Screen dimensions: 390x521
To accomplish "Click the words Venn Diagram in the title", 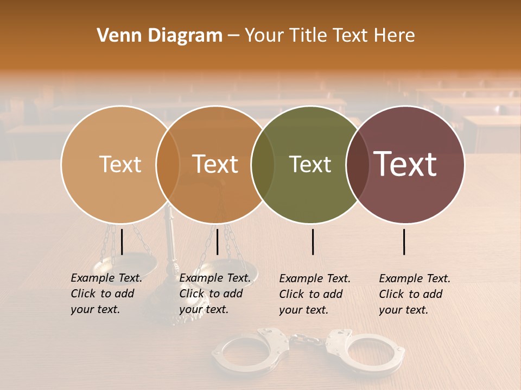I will click(x=160, y=36).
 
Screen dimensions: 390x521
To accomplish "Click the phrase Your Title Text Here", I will click(x=329, y=36).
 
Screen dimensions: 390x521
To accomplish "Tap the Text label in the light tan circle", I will click(x=120, y=164).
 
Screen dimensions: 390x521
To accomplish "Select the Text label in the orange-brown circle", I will click(x=215, y=164).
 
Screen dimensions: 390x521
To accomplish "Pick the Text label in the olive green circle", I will click(x=310, y=164).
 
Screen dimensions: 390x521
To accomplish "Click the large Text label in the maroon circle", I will click(x=405, y=164).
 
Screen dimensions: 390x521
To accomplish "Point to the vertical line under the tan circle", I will click(x=122, y=242).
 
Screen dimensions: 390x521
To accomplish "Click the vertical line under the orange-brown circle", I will click(x=217, y=242).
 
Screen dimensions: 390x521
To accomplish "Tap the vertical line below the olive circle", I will click(x=313, y=242).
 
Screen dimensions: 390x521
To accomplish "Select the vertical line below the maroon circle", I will click(x=404, y=242).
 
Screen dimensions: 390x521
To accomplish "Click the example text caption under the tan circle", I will click(x=106, y=294).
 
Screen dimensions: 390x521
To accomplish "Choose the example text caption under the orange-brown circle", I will click(x=215, y=294).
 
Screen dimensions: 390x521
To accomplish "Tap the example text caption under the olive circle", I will click(x=315, y=294).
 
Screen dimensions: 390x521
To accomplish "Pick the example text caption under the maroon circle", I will click(x=415, y=294).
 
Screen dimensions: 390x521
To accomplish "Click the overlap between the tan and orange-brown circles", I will click(x=168, y=164).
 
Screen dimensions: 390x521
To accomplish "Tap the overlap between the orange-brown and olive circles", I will click(x=263, y=164).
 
